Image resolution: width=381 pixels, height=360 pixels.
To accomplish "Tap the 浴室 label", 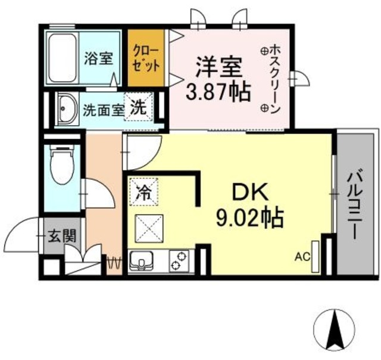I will point(98,58).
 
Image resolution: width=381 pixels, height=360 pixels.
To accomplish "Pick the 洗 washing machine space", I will point(138,108).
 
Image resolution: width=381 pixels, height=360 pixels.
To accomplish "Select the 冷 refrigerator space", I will point(142,192).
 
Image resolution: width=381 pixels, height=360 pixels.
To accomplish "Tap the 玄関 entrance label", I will point(61,236).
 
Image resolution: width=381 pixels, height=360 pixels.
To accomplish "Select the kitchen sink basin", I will point(142,260).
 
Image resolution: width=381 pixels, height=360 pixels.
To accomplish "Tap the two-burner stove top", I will point(179,260).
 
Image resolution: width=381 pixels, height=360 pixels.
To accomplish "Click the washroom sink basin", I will point(66,109).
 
